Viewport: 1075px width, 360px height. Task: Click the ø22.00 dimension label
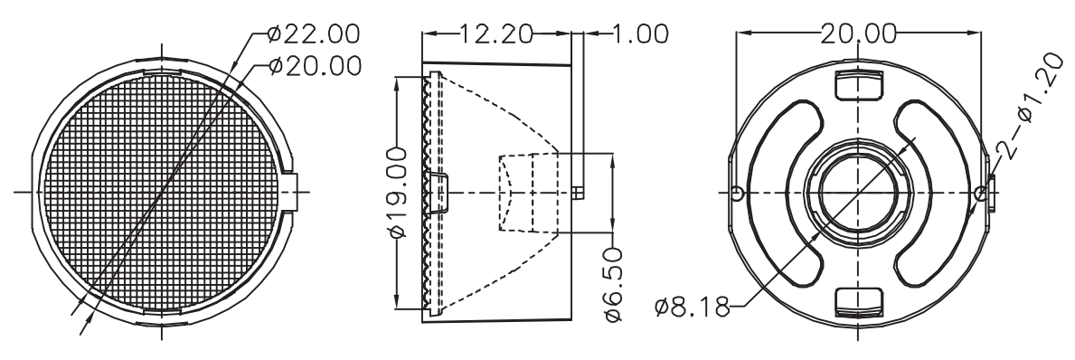pyautogui.click(x=314, y=33)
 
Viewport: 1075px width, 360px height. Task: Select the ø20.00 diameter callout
pyautogui.click(x=316, y=66)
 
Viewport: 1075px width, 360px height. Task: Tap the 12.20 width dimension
pyautogui.click(x=495, y=33)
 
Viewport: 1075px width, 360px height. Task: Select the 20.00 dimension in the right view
pyautogui.click(x=859, y=33)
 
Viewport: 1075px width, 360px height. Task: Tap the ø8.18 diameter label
pyautogui.click(x=693, y=308)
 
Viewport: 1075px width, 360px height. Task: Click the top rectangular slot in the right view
pyautogui.click(x=859, y=83)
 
